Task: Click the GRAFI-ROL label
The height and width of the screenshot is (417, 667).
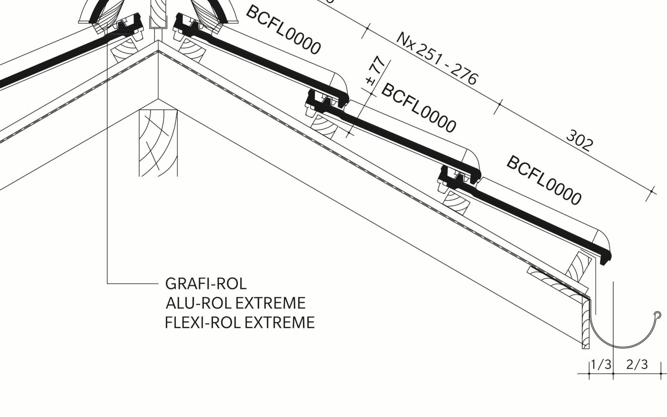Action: [x=206, y=284]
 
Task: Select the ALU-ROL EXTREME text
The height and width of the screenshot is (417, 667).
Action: [x=235, y=303]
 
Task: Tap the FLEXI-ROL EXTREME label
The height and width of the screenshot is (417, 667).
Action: [x=240, y=323]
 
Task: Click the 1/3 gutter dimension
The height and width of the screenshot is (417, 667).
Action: [x=601, y=365]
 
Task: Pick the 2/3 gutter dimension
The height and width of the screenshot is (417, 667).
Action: [x=637, y=365]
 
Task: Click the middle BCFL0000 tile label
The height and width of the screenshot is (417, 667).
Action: [x=419, y=108]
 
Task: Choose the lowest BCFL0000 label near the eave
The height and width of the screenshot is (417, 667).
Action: [x=544, y=180]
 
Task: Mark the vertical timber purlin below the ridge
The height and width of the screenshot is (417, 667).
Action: [x=158, y=143]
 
